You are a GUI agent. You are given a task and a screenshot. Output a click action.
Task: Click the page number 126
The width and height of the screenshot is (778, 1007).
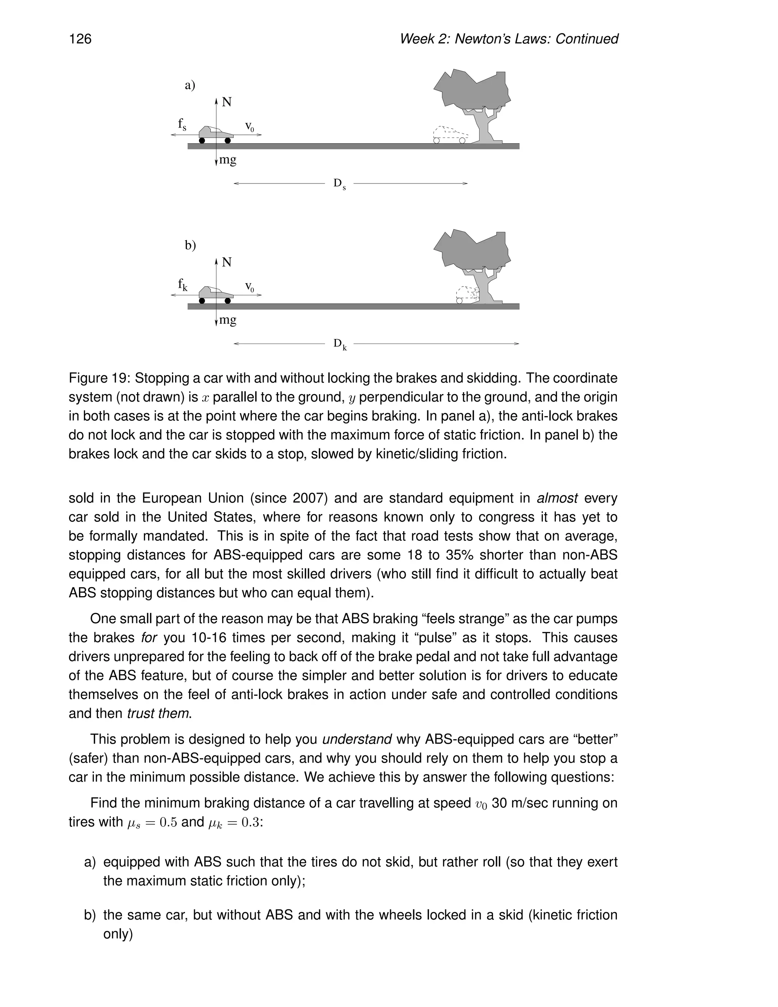click(x=80, y=39)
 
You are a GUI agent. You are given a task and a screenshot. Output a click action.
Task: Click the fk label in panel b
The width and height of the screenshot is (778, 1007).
click(x=182, y=285)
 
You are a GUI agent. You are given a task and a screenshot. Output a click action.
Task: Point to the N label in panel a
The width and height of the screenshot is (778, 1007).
click(x=226, y=102)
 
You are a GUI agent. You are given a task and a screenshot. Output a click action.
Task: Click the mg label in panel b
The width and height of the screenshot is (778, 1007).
click(x=228, y=320)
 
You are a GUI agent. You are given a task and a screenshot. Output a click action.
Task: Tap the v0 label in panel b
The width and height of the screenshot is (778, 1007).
click(x=249, y=287)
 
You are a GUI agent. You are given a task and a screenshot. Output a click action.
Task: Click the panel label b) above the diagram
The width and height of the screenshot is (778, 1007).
click(x=190, y=245)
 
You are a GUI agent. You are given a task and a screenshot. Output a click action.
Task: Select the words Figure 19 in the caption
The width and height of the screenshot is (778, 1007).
click(x=98, y=378)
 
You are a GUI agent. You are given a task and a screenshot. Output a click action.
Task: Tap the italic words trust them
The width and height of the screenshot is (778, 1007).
click(x=158, y=713)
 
